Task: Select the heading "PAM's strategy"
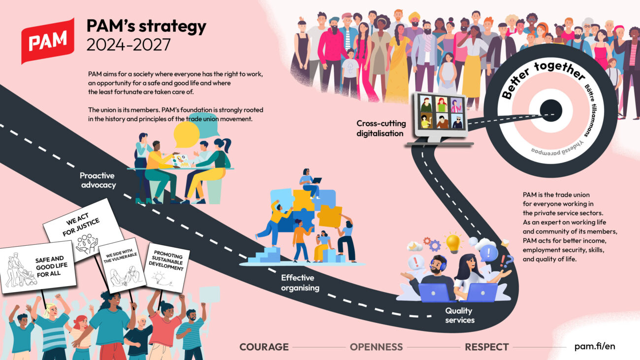coord(146,27)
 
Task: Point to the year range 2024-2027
coord(128,45)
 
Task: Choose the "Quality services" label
coord(460,315)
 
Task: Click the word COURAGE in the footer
coord(264,347)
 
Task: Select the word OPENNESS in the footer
coord(376,347)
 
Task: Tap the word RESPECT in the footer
coord(486,347)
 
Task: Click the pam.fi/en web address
coord(595,346)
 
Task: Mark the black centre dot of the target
coord(550,109)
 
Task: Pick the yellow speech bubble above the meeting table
coord(187,134)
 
